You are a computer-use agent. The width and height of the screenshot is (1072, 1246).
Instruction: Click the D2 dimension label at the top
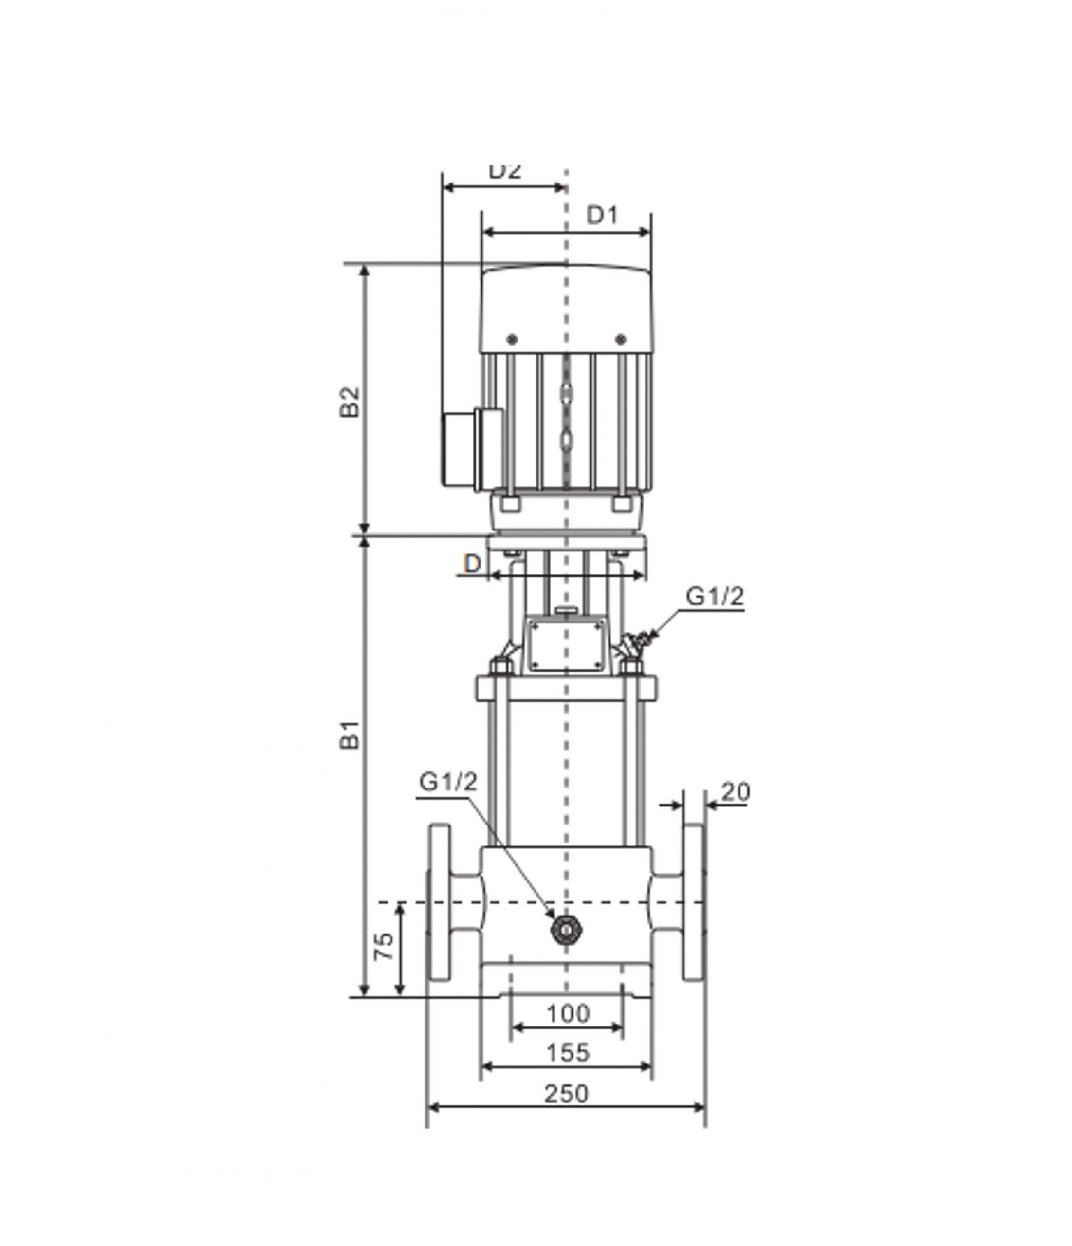[x=504, y=171]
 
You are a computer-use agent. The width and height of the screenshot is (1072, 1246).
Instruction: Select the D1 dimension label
[x=602, y=215]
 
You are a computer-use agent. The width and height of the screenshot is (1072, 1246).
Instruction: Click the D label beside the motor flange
[x=473, y=564]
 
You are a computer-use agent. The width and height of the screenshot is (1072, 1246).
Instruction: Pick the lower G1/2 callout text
[x=448, y=782]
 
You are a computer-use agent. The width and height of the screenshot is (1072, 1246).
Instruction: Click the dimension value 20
[x=735, y=792]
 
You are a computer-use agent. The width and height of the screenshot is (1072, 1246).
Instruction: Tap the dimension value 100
[x=568, y=1013]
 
